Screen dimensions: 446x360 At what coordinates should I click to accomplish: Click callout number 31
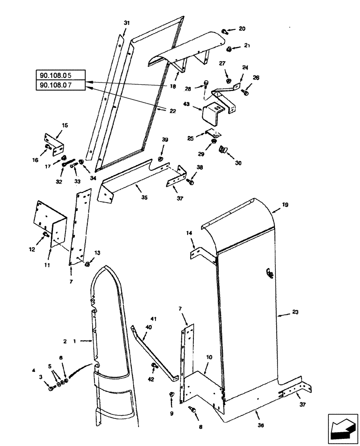[127, 23]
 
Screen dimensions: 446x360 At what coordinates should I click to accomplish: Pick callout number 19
[285, 206]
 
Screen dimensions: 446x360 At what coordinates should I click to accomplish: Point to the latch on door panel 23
[269, 273]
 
